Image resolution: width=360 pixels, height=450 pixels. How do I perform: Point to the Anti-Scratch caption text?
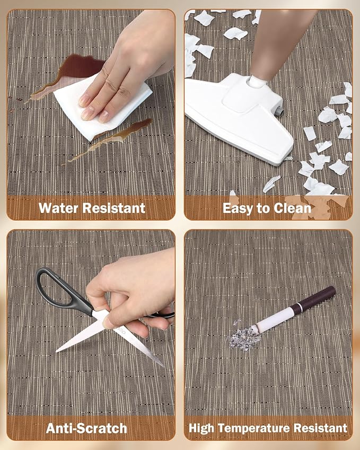tap(87, 428)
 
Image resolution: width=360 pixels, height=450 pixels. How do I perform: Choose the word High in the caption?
tap(201, 428)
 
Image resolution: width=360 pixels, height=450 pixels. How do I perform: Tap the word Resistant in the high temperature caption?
tap(320, 428)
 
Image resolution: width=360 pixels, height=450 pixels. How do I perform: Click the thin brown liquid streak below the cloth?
tap(109, 140)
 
